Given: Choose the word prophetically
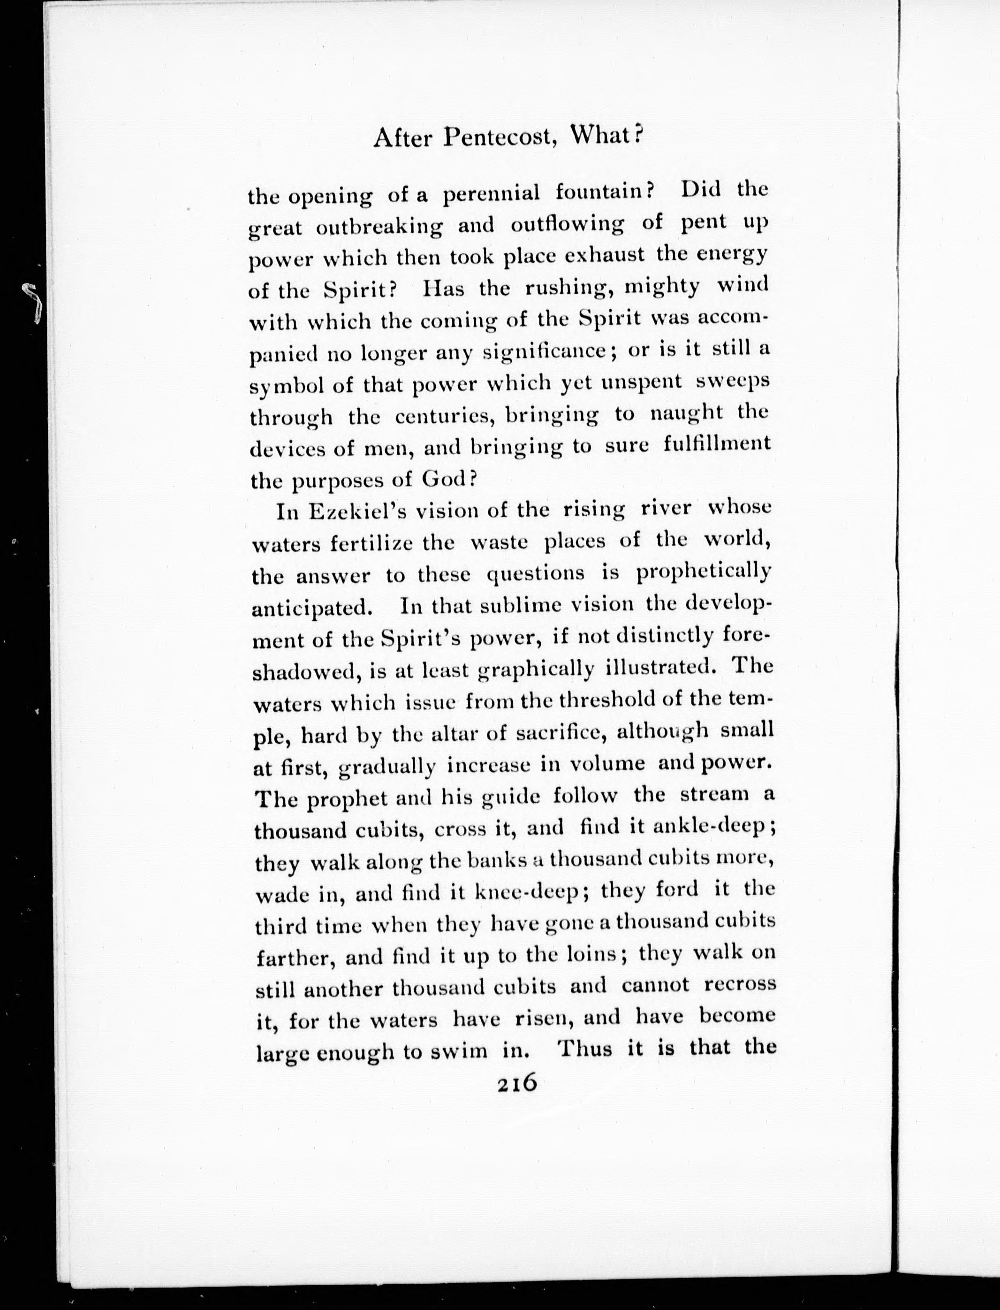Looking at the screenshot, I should tap(704, 573).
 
